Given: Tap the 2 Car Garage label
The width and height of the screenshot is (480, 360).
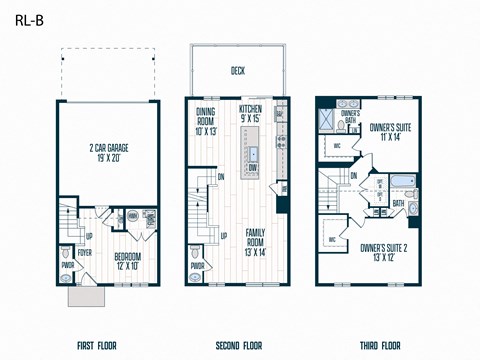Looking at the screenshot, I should pyautogui.click(x=108, y=154).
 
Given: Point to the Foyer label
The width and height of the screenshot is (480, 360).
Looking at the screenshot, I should pyautogui.click(x=85, y=253).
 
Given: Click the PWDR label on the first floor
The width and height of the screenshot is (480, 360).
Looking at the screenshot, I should pyautogui.click(x=68, y=266).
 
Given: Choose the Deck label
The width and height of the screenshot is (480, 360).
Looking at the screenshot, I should pyautogui.click(x=237, y=71).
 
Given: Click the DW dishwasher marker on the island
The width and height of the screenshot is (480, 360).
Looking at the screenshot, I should pyautogui.click(x=253, y=169).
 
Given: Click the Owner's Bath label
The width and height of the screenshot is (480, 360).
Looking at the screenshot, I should pyautogui.click(x=350, y=117).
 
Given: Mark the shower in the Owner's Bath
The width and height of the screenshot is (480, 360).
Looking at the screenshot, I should pyautogui.click(x=328, y=120).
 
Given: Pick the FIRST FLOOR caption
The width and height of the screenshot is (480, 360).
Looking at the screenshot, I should pyautogui.click(x=96, y=346).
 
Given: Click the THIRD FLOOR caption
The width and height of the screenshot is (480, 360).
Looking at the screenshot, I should pyautogui.click(x=381, y=346).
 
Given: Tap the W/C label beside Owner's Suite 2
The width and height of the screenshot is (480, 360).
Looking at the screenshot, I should pyautogui.click(x=332, y=240).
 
